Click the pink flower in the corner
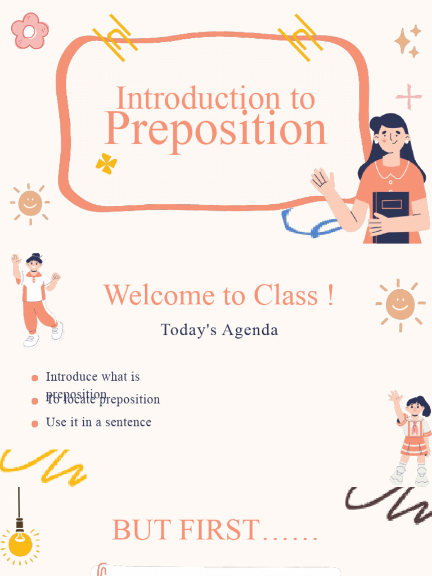click(x=30, y=30)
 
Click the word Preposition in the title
click(x=215, y=129)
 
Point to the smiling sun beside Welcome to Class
click(x=400, y=304)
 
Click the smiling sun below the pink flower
click(x=30, y=203)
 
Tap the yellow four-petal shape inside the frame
click(x=106, y=164)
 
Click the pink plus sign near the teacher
click(x=409, y=97)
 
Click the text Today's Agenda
click(x=219, y=330)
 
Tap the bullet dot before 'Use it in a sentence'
click(x=35, y=424)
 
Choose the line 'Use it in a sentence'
click(x=98, y=422)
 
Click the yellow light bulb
click(x=20, y=543)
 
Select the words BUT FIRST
click(x=186, y=530)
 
